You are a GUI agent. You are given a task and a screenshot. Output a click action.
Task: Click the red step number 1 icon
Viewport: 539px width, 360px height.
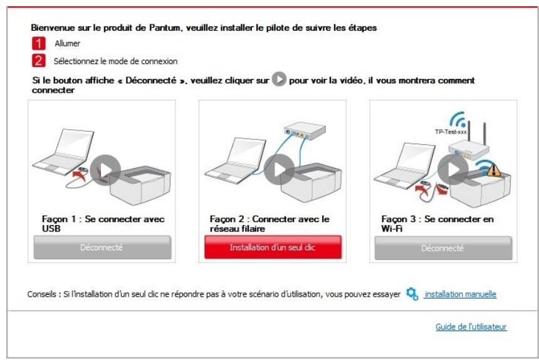38,44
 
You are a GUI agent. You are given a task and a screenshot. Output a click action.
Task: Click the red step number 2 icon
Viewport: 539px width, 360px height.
38,61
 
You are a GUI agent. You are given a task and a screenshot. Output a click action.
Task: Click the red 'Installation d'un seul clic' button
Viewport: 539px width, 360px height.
273,248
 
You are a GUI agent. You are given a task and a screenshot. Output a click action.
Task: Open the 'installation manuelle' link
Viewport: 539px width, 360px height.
460,294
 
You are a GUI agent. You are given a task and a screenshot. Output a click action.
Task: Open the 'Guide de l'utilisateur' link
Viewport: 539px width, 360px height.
471,327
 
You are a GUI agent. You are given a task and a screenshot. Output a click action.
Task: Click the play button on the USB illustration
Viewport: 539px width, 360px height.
105,169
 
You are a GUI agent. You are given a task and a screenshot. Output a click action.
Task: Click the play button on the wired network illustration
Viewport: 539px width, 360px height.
279,169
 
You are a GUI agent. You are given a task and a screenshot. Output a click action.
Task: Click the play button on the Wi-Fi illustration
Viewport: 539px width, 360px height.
453,169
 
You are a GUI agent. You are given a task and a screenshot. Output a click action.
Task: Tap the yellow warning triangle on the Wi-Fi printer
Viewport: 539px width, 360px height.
494,170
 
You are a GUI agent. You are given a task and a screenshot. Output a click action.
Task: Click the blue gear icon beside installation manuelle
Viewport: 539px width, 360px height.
412,294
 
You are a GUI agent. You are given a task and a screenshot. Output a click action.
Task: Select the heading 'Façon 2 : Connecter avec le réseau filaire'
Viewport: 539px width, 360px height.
269,223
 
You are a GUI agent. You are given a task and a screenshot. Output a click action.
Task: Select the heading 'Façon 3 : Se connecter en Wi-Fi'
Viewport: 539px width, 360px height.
437,223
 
